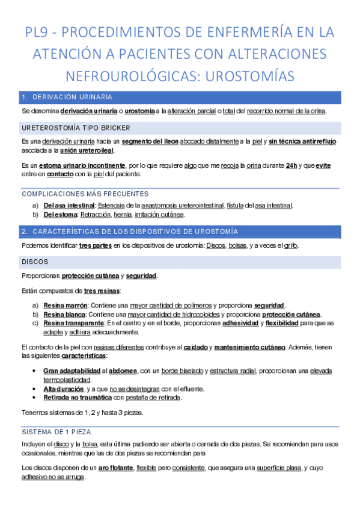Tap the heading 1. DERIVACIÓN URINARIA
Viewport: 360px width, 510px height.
tap(66, 97)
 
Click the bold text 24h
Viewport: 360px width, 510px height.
tap(292, 165)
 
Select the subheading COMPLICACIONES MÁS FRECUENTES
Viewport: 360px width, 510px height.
tap(85, 194)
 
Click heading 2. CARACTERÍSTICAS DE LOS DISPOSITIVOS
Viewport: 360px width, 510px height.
tap(129, 231)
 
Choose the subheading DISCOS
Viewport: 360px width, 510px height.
tap(35, 262)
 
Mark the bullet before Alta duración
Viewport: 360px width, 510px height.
tap(38, 389)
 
